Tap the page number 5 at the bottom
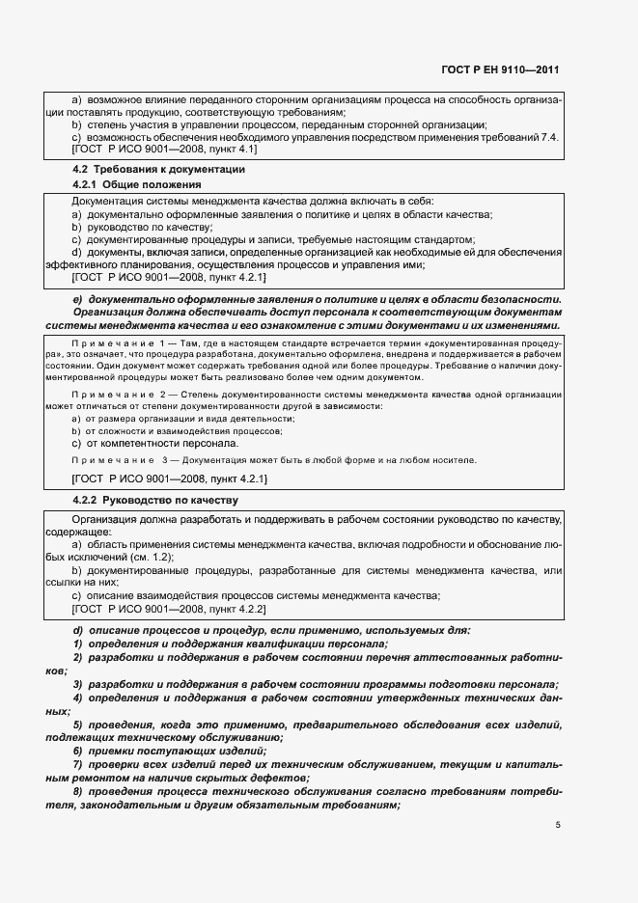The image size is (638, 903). pyautogui.click(x=558, y=825)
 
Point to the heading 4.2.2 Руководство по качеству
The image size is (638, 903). pyautogui.click(x=154, y=501)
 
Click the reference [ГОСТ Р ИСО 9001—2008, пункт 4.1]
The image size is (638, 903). pyautogui.click(x=164, y=150)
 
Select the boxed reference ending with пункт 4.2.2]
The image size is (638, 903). pyautogui.click(x=170, y=610)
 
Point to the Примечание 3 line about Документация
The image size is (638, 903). pyautogui.click(x=274, y=459)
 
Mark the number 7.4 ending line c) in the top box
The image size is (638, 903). pyautogui.click(x=550, y=138)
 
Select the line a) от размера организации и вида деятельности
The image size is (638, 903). pyautogui.click(x=183, y=418)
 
